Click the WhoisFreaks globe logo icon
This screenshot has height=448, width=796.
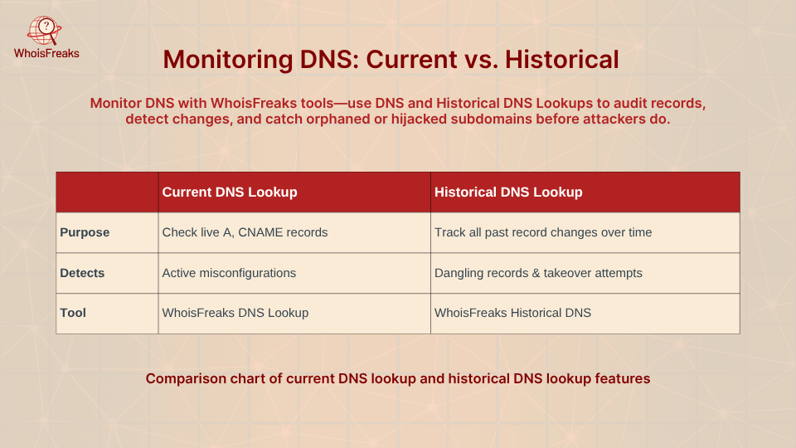45,31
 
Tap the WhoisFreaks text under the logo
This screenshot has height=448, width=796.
46,53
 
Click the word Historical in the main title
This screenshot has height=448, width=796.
562,60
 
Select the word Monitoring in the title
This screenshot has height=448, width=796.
228,60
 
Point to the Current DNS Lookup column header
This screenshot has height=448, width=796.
230,192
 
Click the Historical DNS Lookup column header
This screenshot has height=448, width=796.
508,192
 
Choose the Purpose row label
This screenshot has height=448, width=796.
85,232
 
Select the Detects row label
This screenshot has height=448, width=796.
82,273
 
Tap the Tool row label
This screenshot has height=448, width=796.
73,313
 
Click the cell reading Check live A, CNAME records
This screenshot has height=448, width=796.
245,232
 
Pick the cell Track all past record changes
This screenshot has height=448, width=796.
543,232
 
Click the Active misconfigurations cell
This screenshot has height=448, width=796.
229,273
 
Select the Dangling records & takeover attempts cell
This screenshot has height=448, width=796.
538,273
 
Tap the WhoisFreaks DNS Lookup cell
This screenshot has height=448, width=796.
235,313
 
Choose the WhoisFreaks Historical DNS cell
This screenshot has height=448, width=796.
512,313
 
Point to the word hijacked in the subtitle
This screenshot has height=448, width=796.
419,119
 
